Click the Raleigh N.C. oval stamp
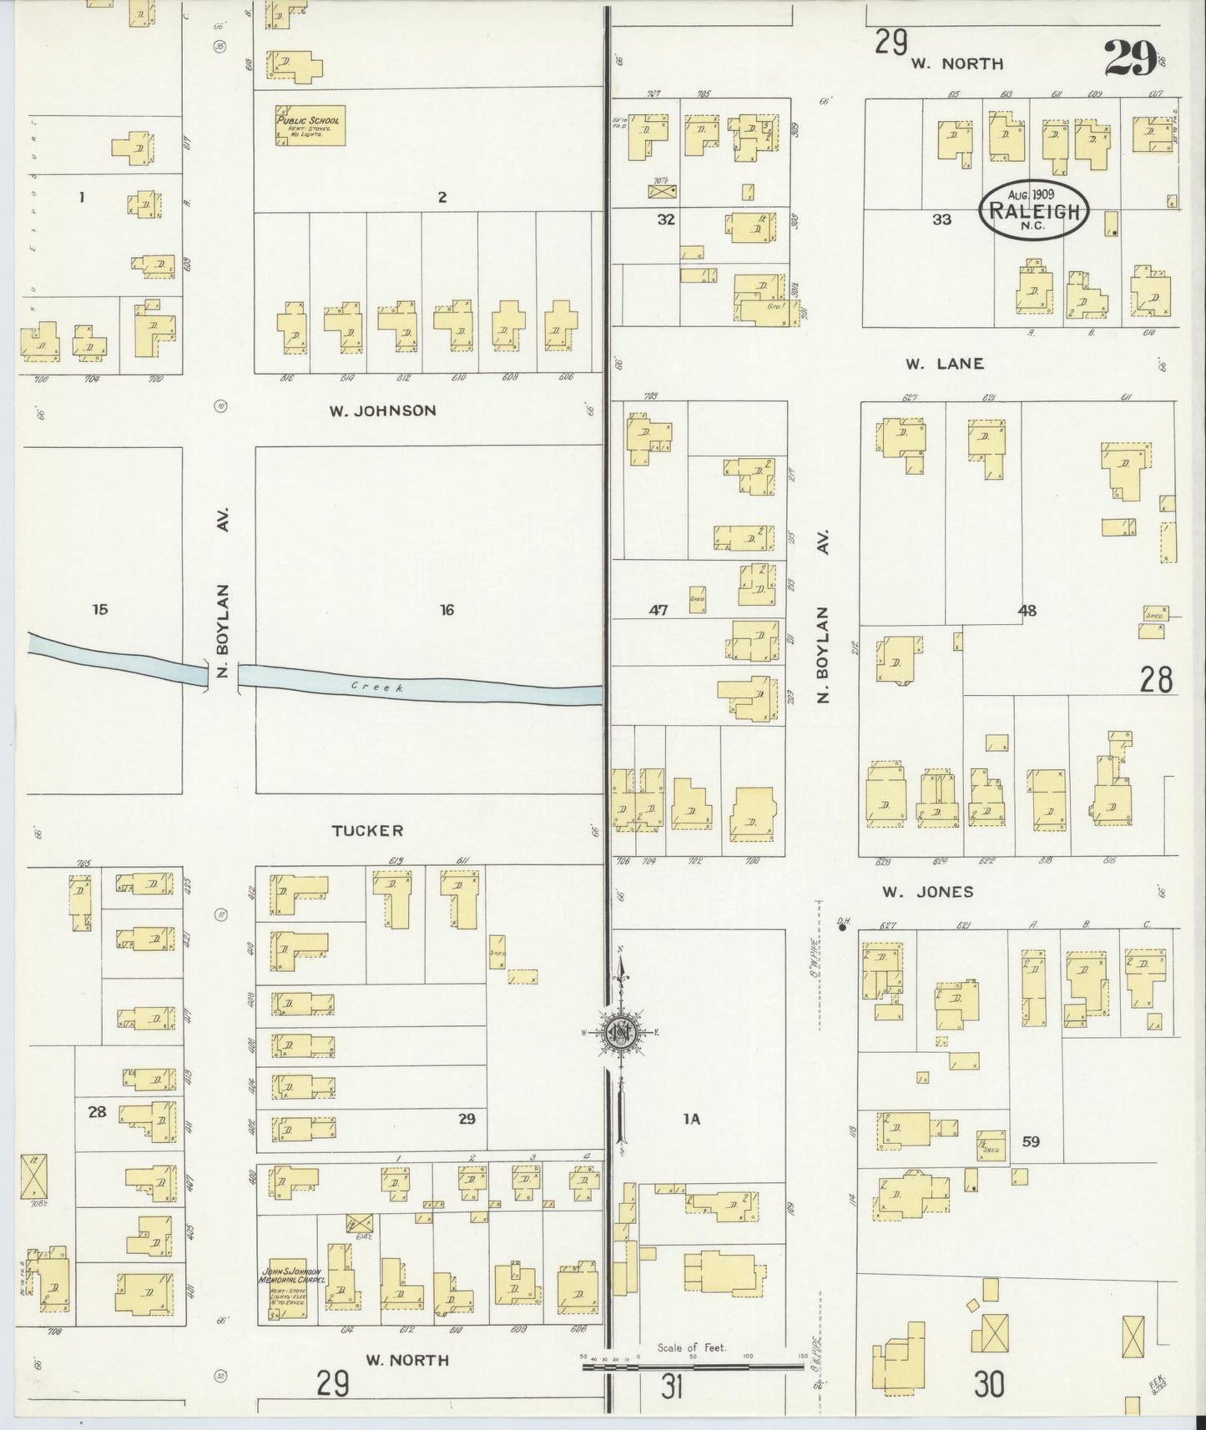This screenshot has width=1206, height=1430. pos(1034,210)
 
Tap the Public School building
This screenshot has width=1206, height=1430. pos(310,126)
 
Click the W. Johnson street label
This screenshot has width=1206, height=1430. pos(383,410)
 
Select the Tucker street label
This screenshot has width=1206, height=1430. pos(367,831)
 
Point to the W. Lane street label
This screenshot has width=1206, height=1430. pos(945,364)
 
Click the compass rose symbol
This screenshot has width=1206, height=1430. pos(622,1032)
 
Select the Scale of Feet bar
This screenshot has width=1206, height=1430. pos(692,1367)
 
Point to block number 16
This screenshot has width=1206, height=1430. pos(447,611)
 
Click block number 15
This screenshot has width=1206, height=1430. pos(100,610)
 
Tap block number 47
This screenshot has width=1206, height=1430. pos(659,611)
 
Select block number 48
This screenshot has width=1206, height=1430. pos(1027,611)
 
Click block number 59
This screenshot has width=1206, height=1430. pos(1031,1142)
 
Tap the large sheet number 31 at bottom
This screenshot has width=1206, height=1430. pos(673,1387)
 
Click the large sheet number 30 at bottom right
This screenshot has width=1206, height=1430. pos(989,1386)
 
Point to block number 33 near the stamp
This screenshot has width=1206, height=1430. pos(941,220)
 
